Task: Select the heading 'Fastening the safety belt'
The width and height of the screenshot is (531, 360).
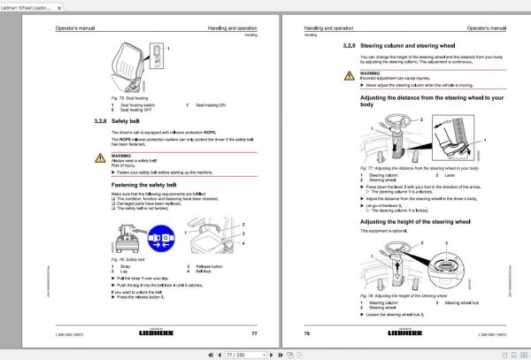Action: pyautogui.click(x=149, y=182)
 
